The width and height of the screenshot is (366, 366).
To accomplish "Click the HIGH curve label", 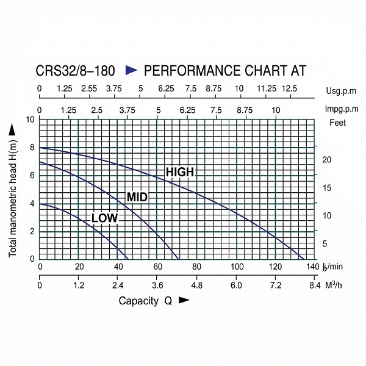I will click(x=180, y=173).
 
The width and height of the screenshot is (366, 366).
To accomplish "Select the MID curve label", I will click(x=137, y=197).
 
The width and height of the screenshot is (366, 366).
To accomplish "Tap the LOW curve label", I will click(x=104, y=218).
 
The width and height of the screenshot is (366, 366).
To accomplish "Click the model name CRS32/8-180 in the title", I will click(x=76, y=71).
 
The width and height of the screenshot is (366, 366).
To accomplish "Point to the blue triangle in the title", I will click(x=131, y=71).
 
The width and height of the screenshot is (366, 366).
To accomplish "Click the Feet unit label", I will click(x=338, y=123).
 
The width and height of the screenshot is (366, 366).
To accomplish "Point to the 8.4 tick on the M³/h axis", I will click(x=314, y=285).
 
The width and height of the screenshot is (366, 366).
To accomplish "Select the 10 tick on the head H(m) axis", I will click(x=30, y=119).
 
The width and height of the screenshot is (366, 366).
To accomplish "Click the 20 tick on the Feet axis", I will click(x=326, y=159).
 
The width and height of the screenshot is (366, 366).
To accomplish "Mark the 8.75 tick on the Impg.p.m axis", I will click(x=245, y=110).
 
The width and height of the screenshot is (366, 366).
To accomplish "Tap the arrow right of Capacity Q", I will click(x=184, y=301).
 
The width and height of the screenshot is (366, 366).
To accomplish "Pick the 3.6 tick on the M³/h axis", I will click(x=157, y=285).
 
